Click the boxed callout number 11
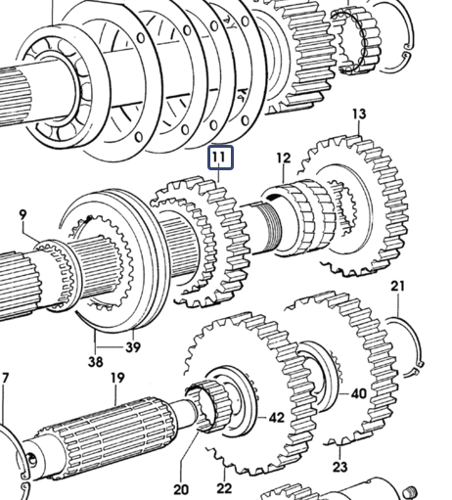[221, 158]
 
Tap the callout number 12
[284, 159]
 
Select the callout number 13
[359, 114]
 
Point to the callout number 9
[23, 215]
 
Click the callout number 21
[397, 287]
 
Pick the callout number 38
[95, 362]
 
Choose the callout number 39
[133, 347]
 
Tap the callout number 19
[117, 378]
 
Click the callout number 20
[181, 489]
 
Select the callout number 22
[224, 488]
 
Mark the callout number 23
[339, 467]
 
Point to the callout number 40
[359, 394]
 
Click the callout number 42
[276, 418]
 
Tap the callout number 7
[5, 379]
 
